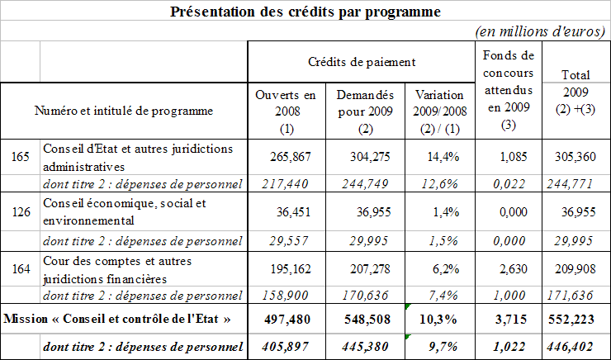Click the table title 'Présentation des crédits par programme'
305,12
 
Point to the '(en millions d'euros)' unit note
542,31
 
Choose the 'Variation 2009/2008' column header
439,111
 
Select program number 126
20,211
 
